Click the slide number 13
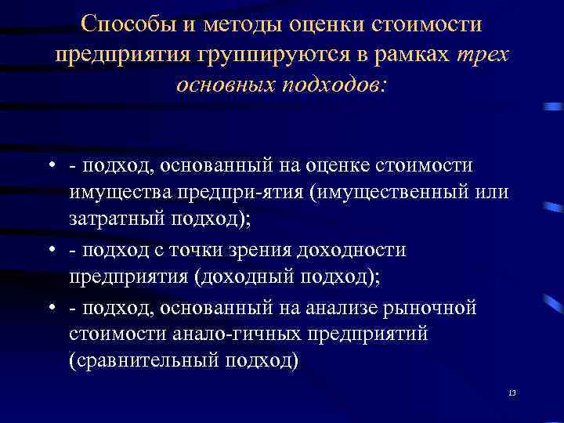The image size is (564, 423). (512, 392)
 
